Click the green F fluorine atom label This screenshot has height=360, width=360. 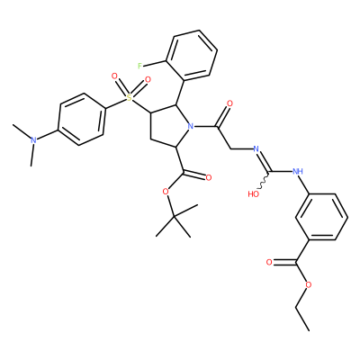coord(139,66)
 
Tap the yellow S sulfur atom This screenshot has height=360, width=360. coord(130,97)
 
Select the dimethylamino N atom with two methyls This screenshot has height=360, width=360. coord(33,140)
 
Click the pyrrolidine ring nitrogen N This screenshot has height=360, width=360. coord(189,126)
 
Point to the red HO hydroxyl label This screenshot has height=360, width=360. coord(254,194)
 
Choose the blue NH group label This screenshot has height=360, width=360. coord(297,172)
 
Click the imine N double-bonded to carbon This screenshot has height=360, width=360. coord(256,148)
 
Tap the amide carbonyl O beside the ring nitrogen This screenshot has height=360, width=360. coord(230,103)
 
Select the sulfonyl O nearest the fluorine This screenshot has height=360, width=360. coord(148,79)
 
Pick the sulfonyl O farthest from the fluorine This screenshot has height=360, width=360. coord(114,76)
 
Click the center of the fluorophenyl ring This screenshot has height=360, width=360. coord(192,56)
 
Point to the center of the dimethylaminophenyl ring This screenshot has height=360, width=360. coord(82,120)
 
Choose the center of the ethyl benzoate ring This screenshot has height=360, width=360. coord(322,217)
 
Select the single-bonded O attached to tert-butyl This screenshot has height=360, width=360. coord(165,192)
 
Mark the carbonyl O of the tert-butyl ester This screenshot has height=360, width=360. coord(209,178)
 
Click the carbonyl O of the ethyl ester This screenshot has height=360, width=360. coord(269,263)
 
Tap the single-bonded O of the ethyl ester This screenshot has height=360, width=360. coord(308,284)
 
